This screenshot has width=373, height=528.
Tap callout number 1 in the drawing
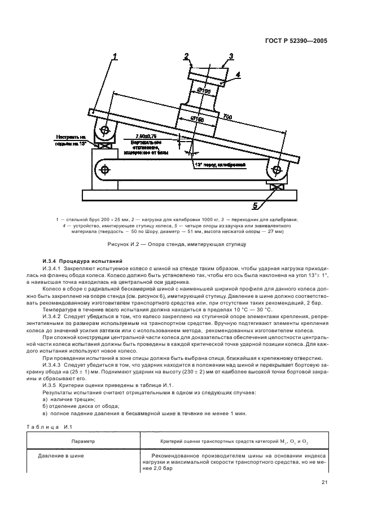[114, 56]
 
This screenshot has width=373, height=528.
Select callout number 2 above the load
[186, 55]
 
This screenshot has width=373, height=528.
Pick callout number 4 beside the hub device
[238, 74]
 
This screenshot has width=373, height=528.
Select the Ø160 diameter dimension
[197, 120]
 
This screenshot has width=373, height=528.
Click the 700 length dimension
[227, 116]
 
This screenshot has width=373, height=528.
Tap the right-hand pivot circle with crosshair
[277, 168]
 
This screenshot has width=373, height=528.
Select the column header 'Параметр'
[83, 442]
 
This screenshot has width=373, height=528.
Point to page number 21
[324, 481]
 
